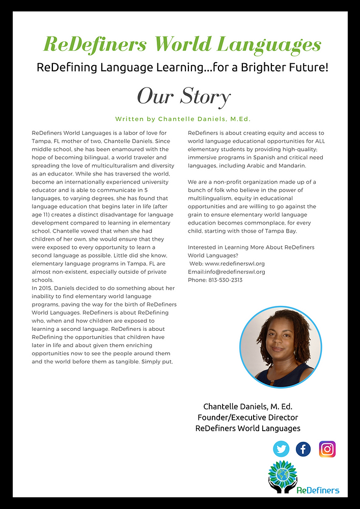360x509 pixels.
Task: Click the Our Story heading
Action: click(x=184, y=96)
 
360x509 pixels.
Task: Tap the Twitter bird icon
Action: click(x=281, y=448)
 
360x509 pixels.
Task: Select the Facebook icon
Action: click(x=303, y=448)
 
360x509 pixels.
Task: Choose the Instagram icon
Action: click(x=327, y=448)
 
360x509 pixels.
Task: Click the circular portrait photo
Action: click(x=281, y=348)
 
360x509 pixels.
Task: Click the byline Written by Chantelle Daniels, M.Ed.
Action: click(x=183, y=119)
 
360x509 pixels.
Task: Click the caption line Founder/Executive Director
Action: click(x=247, y=417)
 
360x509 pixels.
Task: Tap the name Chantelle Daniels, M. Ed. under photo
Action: click(x=247, y=406)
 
